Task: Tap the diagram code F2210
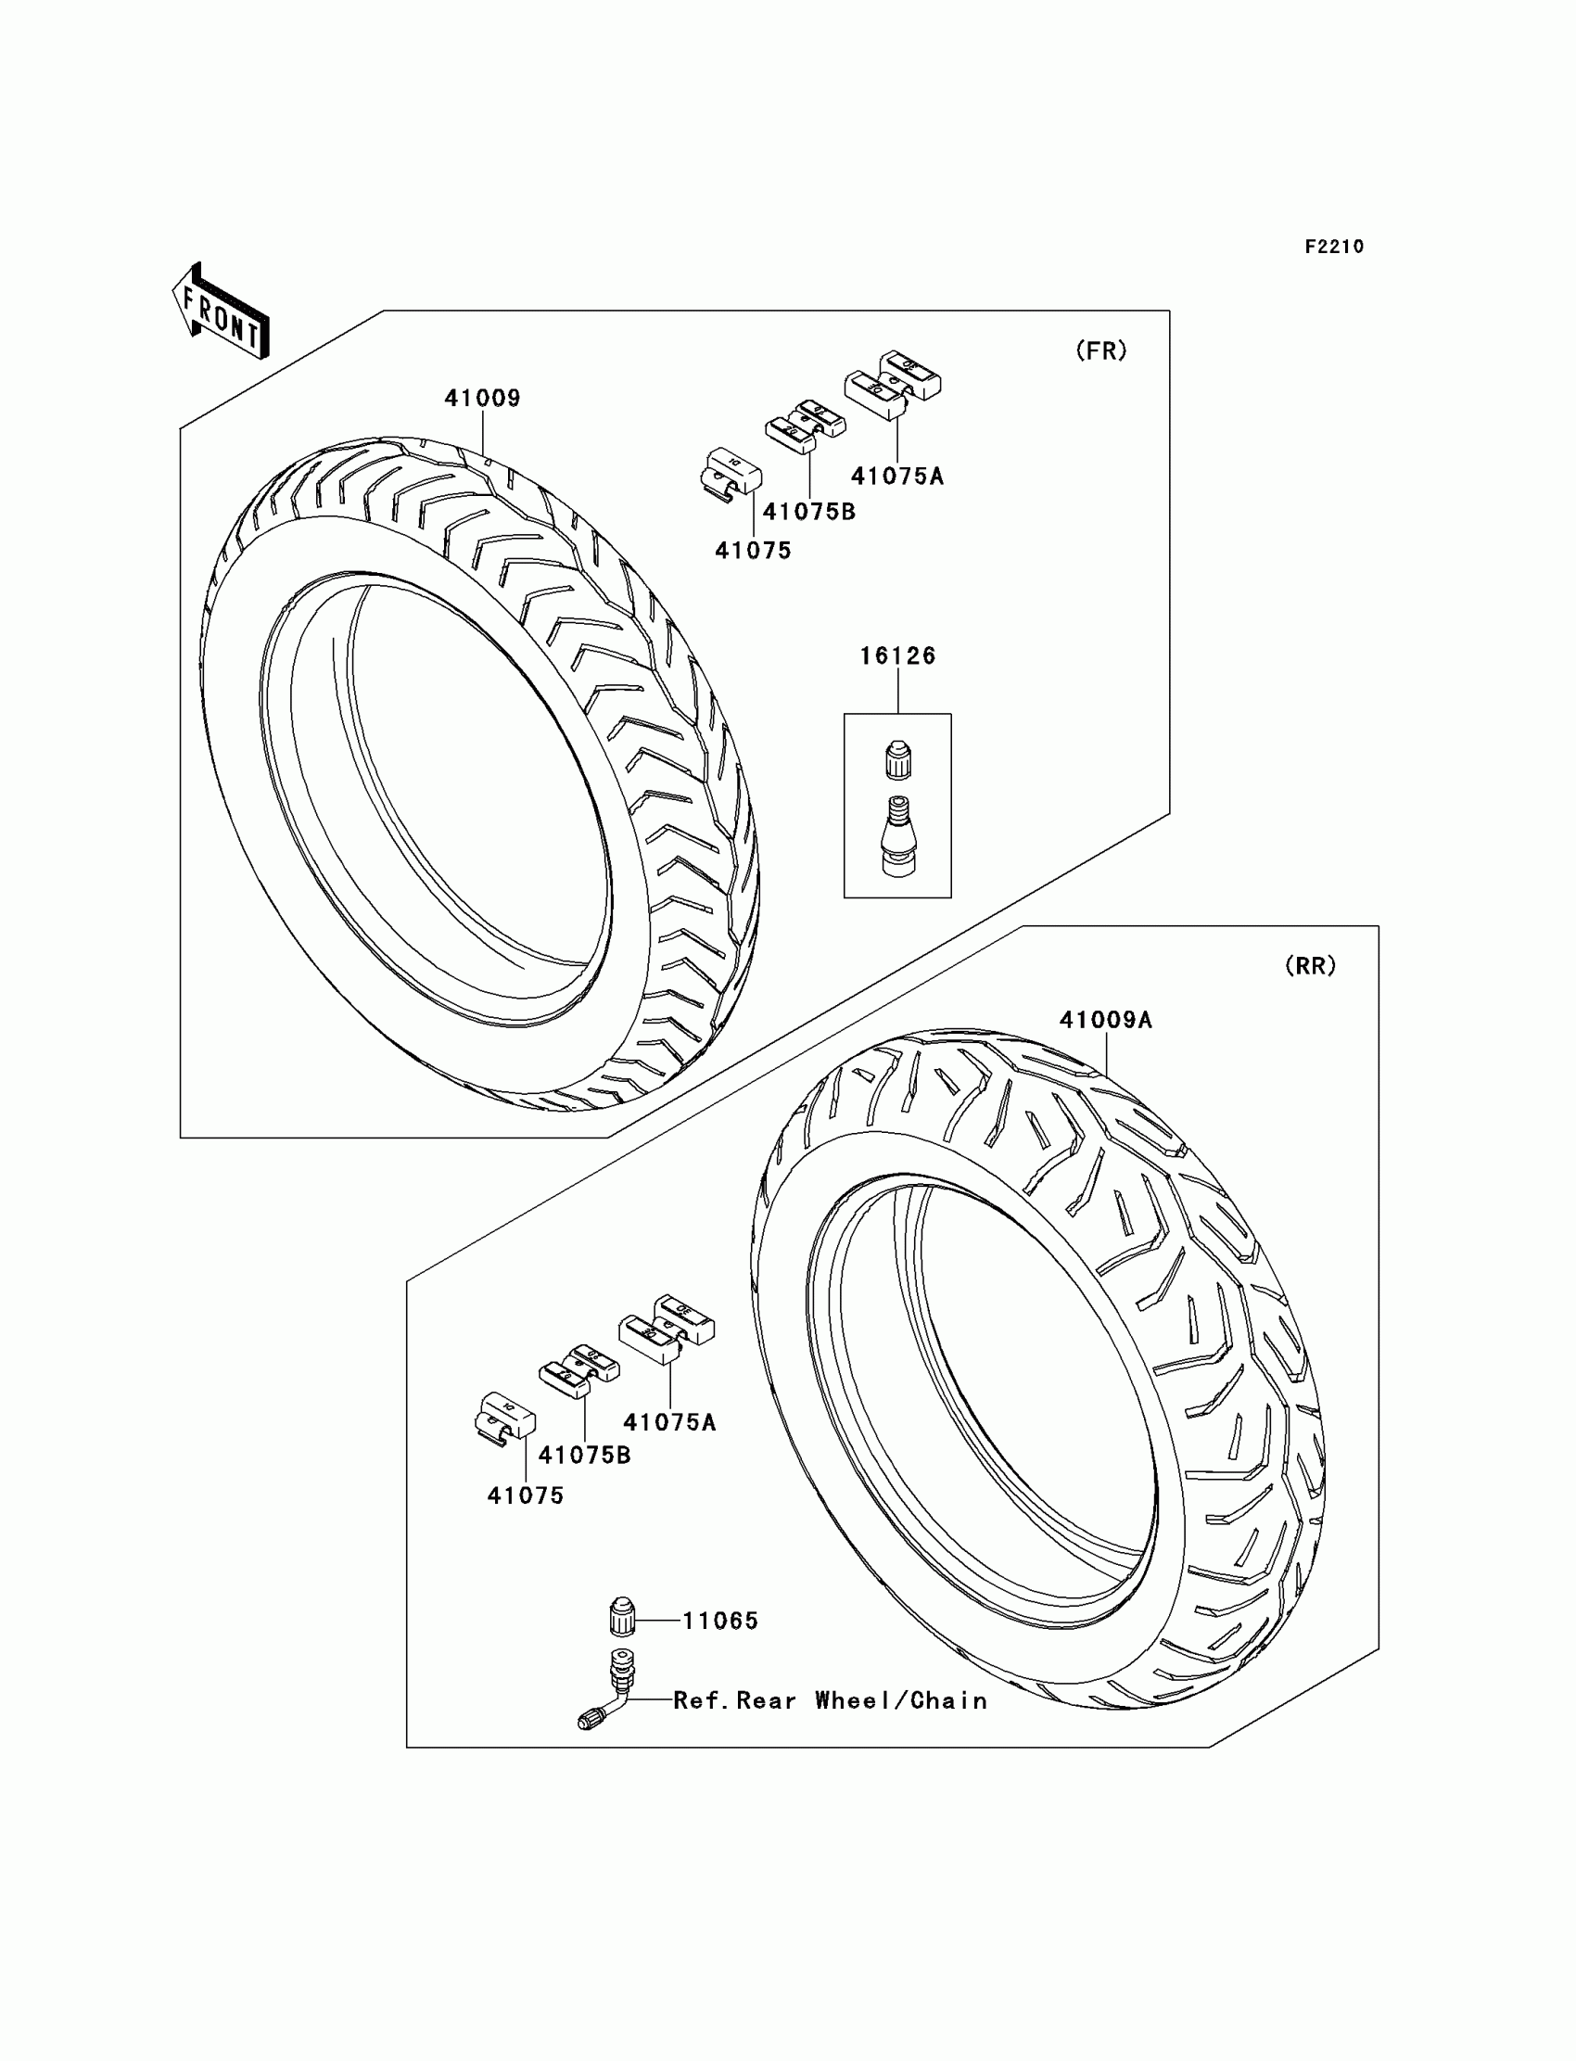click(1334, 247)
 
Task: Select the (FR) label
click(1100, 350)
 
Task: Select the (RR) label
click(1310, 966)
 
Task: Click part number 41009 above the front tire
click(482, 398)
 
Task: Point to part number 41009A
click(1105, 1020)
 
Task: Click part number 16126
click(897, 655)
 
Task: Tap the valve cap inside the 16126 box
click(897, 760)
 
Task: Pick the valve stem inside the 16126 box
click(897, 836)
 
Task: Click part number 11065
click(719, 1621)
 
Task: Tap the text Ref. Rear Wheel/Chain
click(831, 1700)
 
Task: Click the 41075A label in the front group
click(896, 477)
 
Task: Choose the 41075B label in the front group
click(808, 512)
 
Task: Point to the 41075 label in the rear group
click(526, 1496)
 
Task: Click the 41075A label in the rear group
click(668, 1422)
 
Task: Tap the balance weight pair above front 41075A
click(892, 383)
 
